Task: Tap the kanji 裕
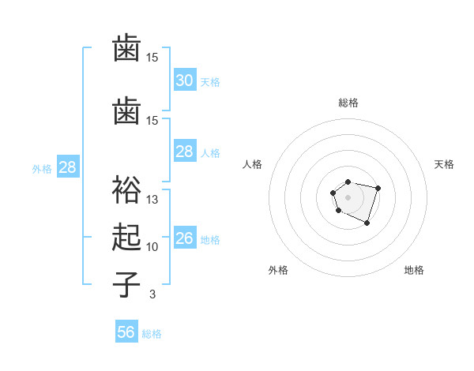pyautogui.click(x=126, y=189)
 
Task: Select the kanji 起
pyautogui.click(x=126, y=237)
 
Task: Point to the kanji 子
pyautogui.click(x=126, y=284)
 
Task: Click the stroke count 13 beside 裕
pyautogui.click(x=152, y=199)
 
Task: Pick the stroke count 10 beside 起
pyautogui.click(x=152, y=247)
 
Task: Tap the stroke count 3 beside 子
pyautogui.click(x=152, y=294)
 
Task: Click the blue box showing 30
pyautogui.click(x=184, y=80)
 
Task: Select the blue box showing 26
pyautogui.click(x=184, y=238)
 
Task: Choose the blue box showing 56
pyautogui.click(x=126, y=332)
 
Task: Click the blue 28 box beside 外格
pyautogui.click(x=67, y=167)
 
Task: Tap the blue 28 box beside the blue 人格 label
pyautogui.click(x=184, y=152)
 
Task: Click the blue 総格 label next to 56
pyautogui.click(x=152, y=334)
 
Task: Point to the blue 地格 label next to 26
pyautogui.click(x=210, y=240)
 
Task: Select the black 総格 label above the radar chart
pyautogui.click(x=348, y=103)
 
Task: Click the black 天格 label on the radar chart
pyautogui.click(x=444, y=164)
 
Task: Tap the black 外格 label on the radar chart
pyautogui.click(x=278, y=270)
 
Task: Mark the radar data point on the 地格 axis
pyautogui.click(x=367, y=223)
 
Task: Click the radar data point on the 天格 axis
pyautogui.click(x=378, y=188)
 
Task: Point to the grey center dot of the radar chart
pyautogui.click(x=348, y=197)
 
